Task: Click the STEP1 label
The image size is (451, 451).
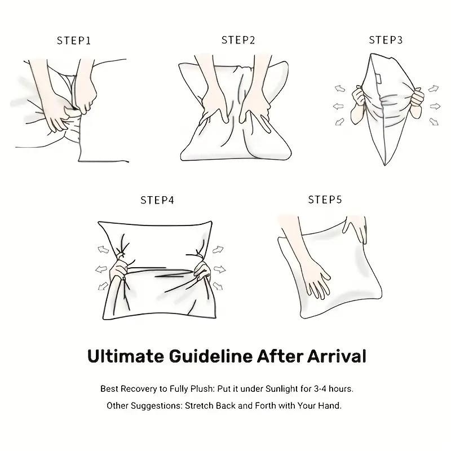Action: pyautogui.click(x=74, y=41)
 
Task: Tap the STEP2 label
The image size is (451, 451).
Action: pyautogui.click(x=238, y=40)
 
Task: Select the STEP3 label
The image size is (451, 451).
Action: pyautogui.click(x=386, y=40)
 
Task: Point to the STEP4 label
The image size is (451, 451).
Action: pyautogui.click(x=157, y=200)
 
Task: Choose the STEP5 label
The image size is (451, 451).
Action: pyautogui.click(x=325, y=200)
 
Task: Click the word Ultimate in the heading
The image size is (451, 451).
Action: pyautogui.click(x=123, y=356)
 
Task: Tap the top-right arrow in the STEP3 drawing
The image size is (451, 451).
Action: pyautogui.click(x=433, y=89)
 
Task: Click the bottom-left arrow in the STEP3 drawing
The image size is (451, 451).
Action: pyautogui.click(x=339, y=121)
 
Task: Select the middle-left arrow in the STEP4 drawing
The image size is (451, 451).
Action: pyautogui.click(x=102, y=268)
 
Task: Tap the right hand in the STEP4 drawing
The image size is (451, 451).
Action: pyautogui.click(x=201, y=270)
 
